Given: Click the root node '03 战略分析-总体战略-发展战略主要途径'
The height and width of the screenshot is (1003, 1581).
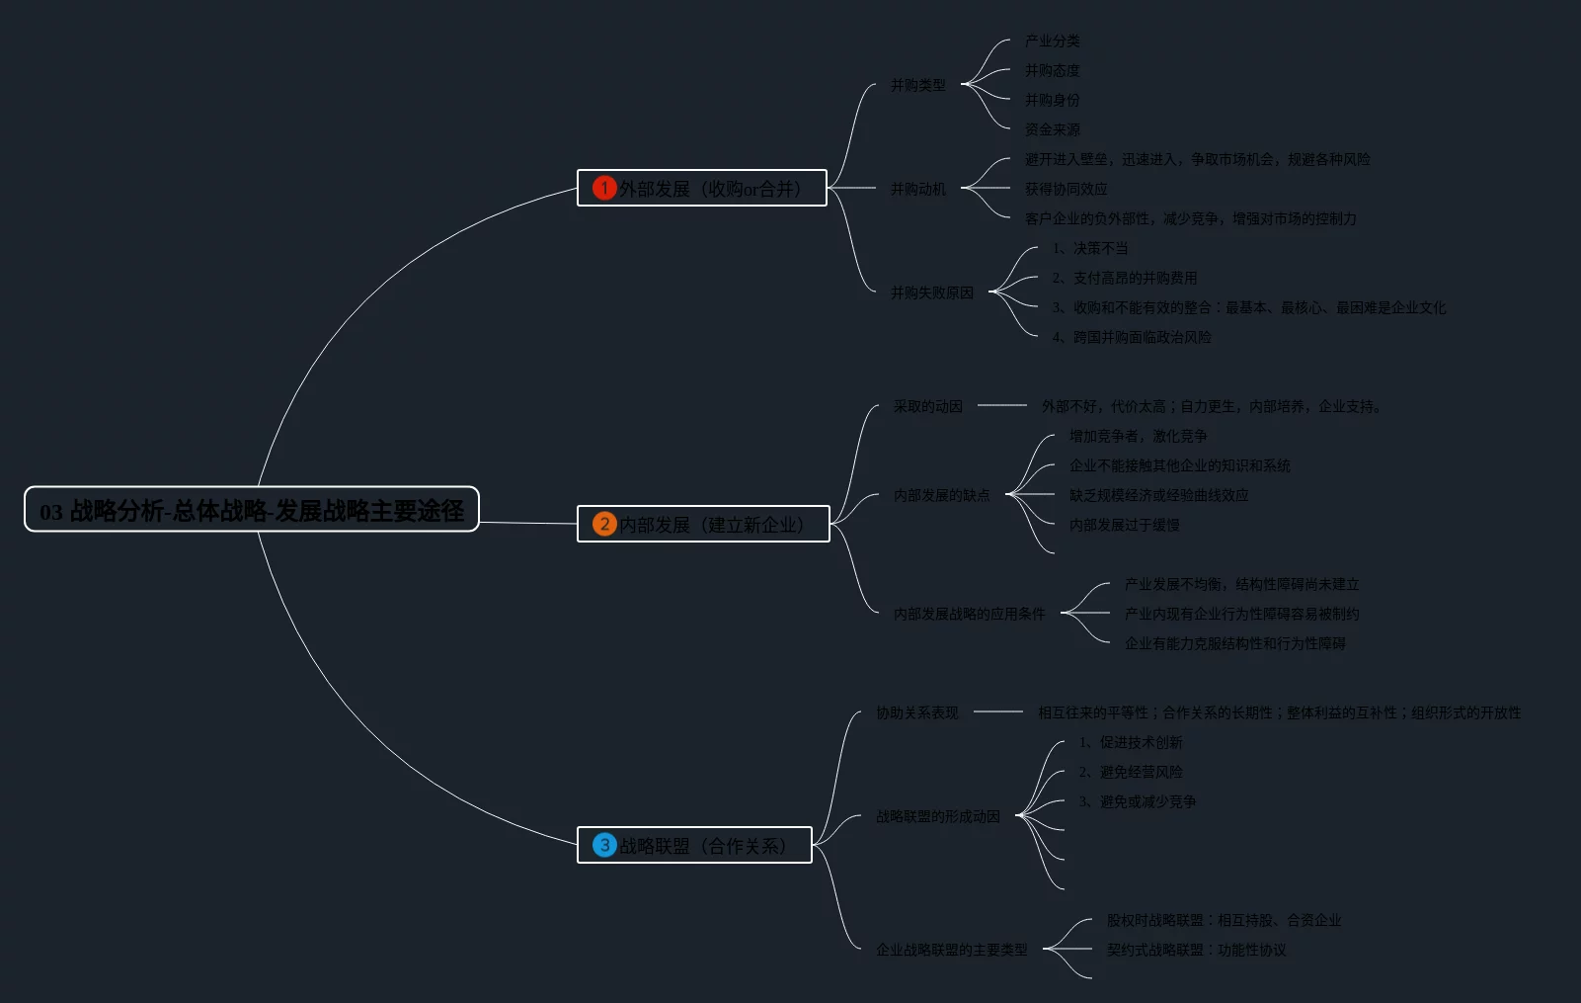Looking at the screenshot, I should pos(252,510).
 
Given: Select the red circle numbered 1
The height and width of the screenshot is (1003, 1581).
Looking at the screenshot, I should pos(604,188).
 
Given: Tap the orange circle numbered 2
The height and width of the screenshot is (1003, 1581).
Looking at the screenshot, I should pos(604,524).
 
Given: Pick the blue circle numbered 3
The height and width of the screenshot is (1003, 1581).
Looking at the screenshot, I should pos(604,845).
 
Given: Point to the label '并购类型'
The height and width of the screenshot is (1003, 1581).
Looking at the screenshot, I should pos(917,85).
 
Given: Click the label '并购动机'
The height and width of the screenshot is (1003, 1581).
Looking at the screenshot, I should pos(917,189).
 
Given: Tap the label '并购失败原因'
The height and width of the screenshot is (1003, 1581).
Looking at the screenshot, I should pos(931,293).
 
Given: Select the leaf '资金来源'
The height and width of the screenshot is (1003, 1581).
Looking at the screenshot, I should pos(1052,129).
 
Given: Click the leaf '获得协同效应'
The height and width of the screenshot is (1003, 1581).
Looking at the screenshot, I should pos(1066,189).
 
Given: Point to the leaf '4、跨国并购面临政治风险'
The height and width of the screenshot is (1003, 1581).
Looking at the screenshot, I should pos(1132,337).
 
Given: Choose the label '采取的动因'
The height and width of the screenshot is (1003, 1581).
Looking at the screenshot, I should pos(927,406).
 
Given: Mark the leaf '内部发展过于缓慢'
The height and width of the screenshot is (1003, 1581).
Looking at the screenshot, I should pos(1124,525).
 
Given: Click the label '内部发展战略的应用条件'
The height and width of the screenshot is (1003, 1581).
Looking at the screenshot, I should pos(969,614).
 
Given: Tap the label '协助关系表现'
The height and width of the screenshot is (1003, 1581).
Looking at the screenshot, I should pos(916,712).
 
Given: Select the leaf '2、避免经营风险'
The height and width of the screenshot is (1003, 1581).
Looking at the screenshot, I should pos(1131,772).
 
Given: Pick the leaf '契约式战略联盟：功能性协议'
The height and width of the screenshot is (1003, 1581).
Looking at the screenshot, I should pos(1196,950).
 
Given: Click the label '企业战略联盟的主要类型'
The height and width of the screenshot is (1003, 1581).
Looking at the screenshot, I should pos(951,950).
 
